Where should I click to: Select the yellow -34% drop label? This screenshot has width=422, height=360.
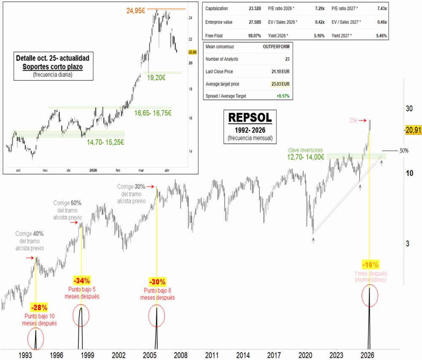pyautogui.click(x=81, y=281)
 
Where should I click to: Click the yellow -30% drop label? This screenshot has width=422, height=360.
pyautogui.click(x=157, y=281)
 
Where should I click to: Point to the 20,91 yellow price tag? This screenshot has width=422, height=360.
pyautogui.click(x=412, y=131)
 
